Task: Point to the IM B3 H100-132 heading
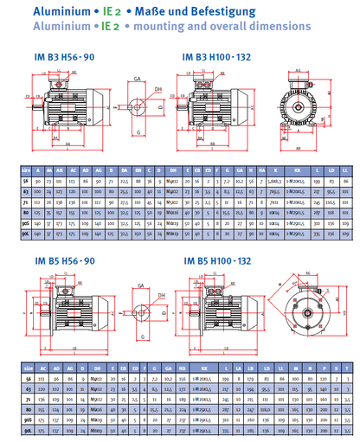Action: tap(218, 56)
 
